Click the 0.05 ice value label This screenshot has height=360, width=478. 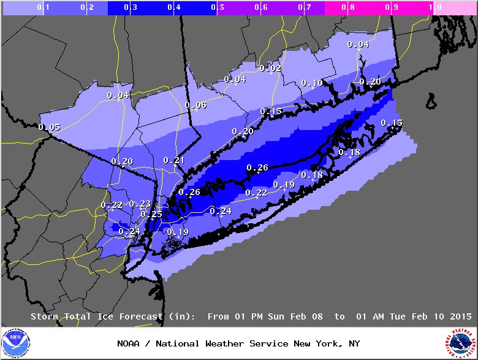tap(49, 127)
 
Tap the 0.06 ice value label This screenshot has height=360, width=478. tap(195, 105)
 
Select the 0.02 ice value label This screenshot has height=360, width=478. tap(270, 68)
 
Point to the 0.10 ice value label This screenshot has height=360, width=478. tap(312, 83)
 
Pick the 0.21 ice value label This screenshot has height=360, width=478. tap(173, 160)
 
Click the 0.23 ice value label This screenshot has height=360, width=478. tap(140, 204)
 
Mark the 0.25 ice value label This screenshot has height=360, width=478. tap(151, 214)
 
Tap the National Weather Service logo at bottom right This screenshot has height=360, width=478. tap(461, 343)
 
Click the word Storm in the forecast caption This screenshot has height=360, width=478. tap(44, 316)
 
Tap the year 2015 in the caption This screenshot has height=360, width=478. tap(460, 316)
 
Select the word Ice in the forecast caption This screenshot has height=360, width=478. tap(105, 316)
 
